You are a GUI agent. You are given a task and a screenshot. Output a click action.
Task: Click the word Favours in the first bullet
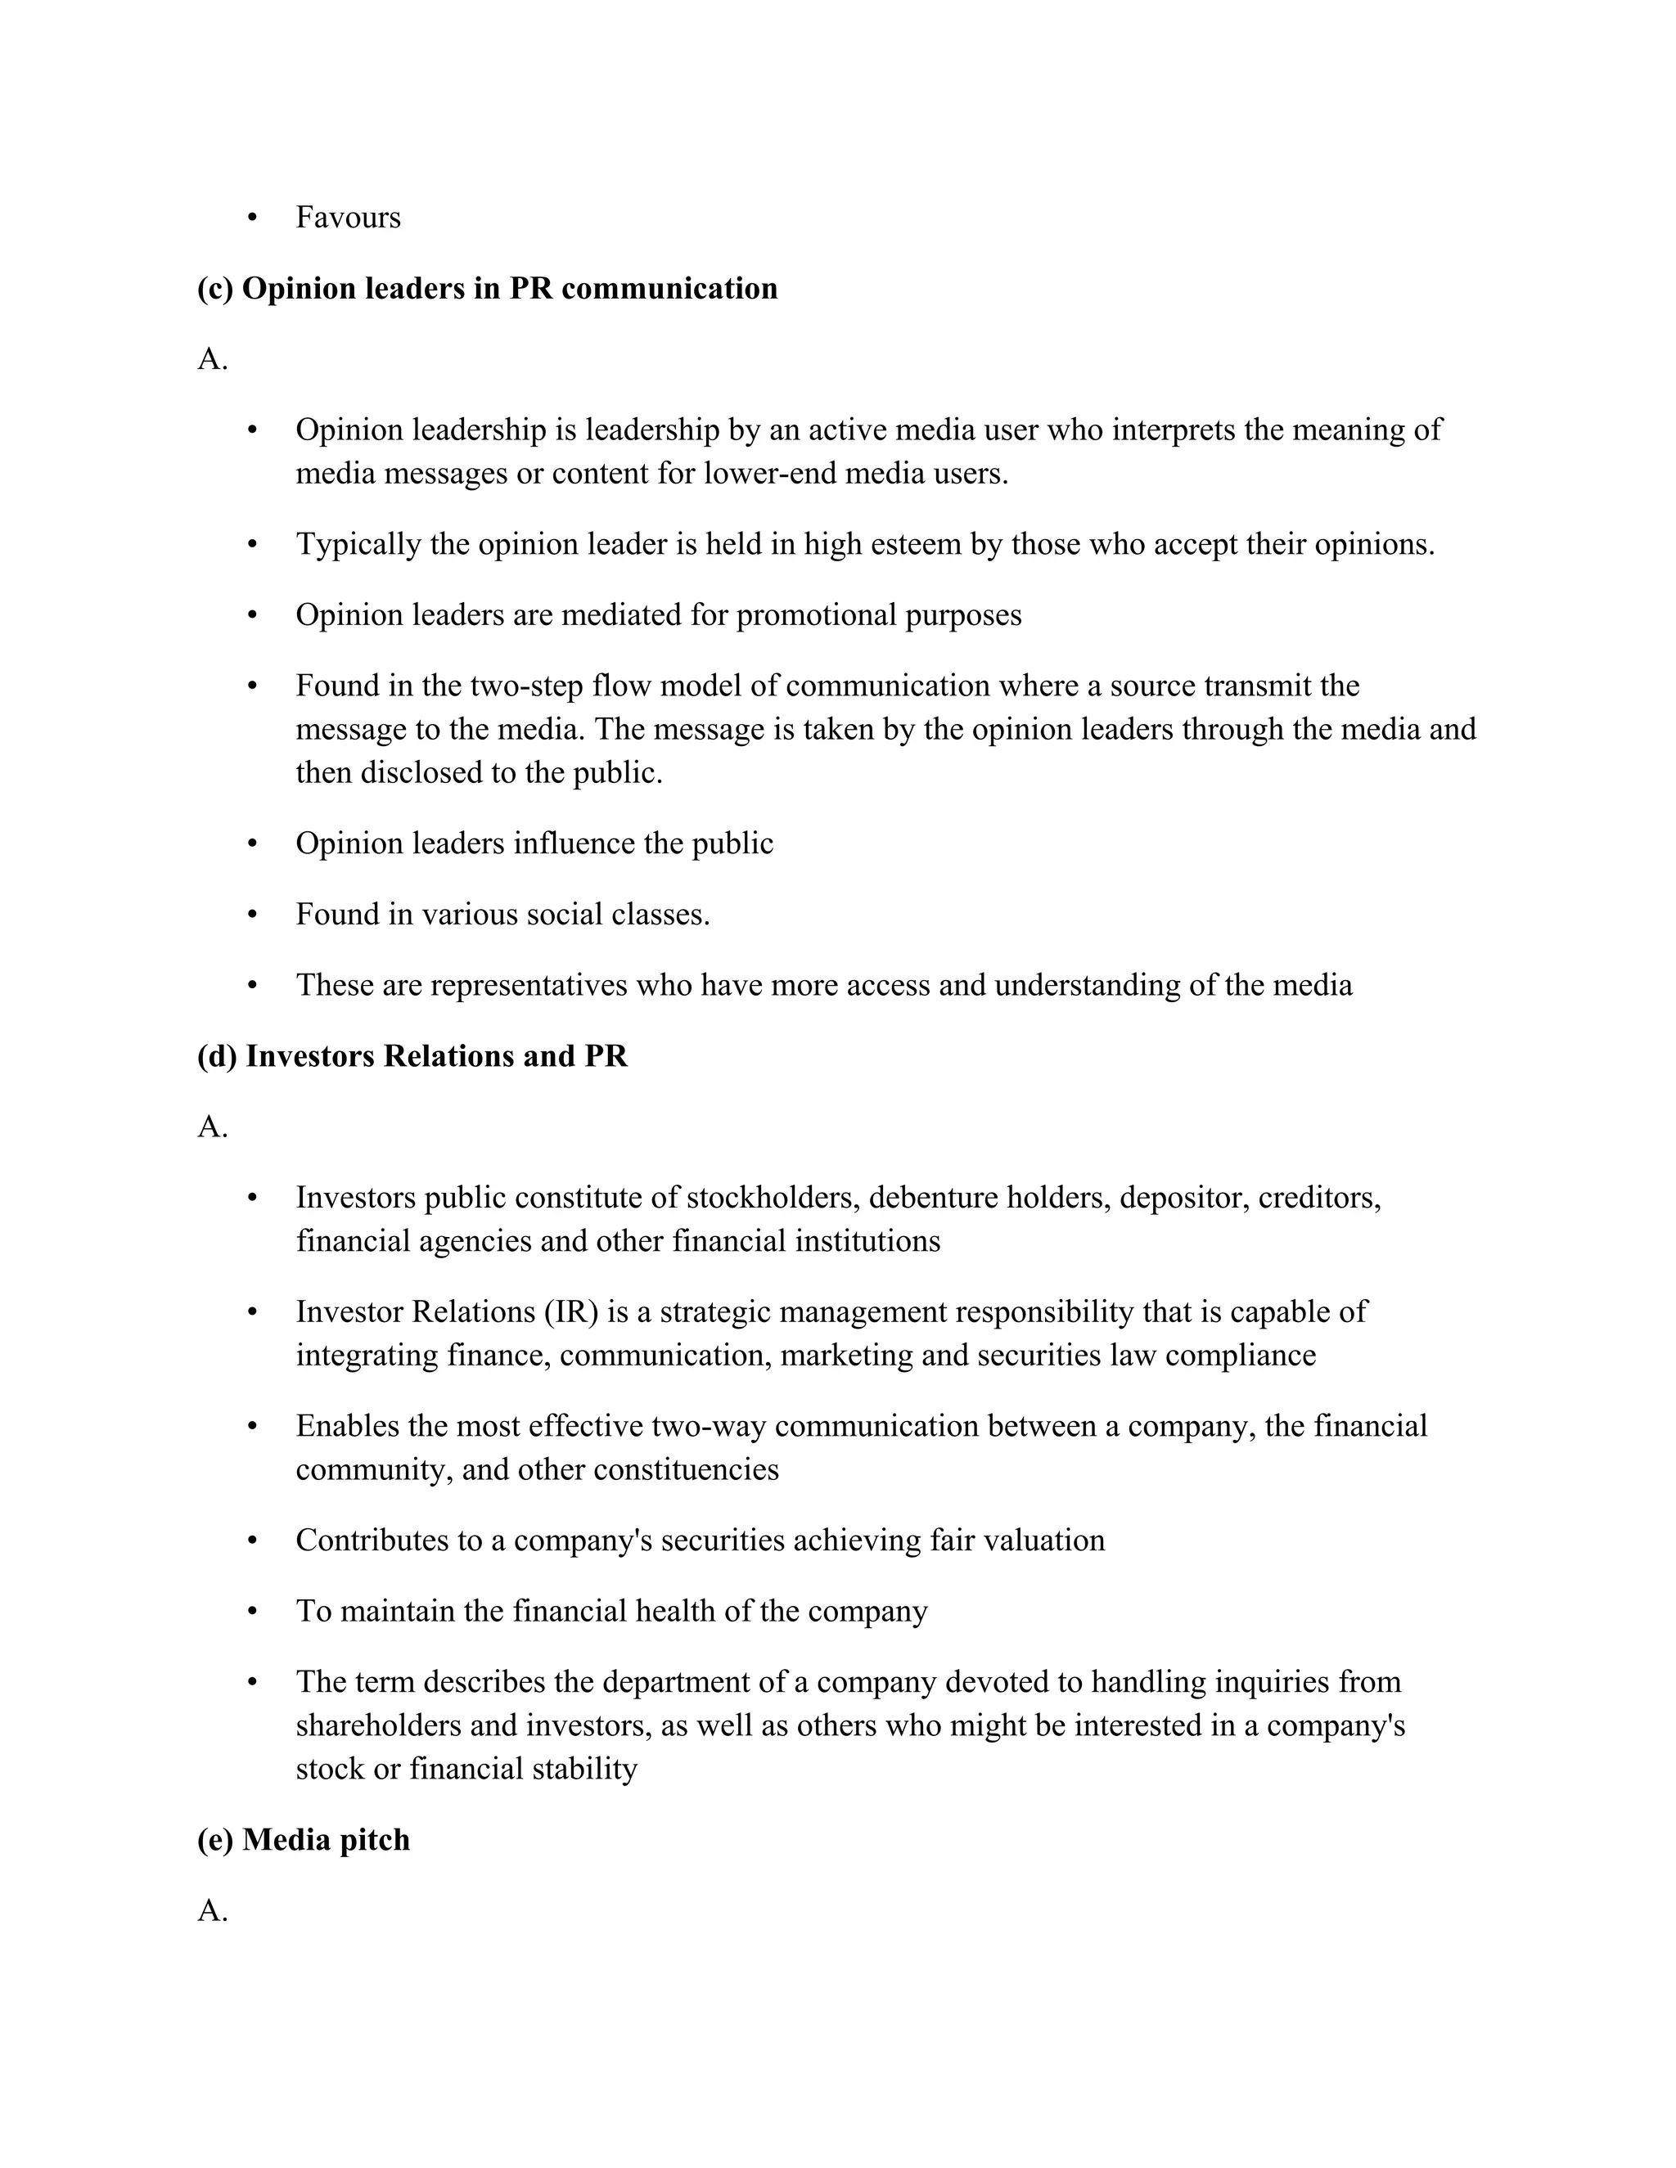(x=348, y=218)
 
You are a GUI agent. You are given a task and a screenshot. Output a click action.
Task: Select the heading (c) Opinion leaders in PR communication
(x=487, y=289)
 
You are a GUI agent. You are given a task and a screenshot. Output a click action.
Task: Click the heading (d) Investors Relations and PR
(x=412, y=1056)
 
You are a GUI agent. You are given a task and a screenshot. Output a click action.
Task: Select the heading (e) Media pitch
(x=303, y=1839)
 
